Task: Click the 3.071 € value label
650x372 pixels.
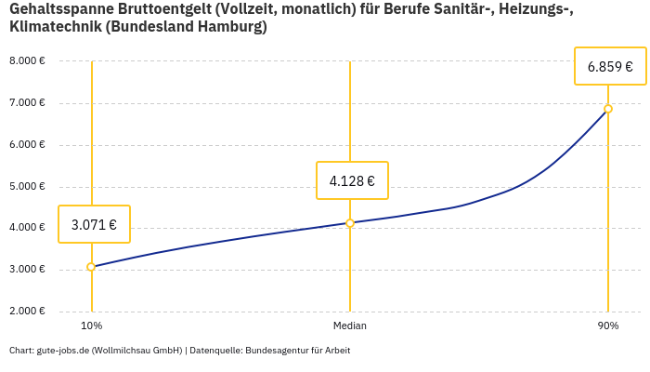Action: coord(94,224)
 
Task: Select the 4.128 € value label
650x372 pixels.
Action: coord(352,180)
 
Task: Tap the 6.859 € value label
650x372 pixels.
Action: coord(610,66)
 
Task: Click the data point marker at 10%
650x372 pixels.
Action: coord(91,267)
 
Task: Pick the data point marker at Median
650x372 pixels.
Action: coord(350,223)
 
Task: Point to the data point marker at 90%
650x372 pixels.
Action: coord(608,109)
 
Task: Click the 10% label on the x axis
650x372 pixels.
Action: coord(91,325)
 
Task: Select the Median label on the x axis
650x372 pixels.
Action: coord(350,325)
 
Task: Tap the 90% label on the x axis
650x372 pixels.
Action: coord(608,325)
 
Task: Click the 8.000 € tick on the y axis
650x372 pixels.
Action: coord(27,61)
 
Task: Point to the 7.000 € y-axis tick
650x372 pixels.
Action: coord(27,103)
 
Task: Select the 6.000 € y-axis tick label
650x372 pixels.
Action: coord(27,145)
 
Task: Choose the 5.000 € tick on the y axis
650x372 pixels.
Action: coord(27,186)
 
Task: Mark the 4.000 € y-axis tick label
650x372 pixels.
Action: coord(27,228)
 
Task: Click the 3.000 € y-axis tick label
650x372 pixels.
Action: coord(27,270)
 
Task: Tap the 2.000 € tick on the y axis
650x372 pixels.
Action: coord(27,312)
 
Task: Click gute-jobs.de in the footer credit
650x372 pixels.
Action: coord(64,351)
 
